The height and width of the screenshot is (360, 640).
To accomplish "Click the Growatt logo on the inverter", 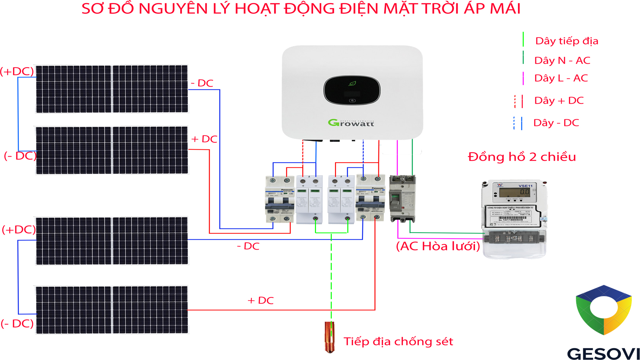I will tap(351, 123).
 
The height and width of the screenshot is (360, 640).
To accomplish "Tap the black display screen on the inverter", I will tap(352, 90).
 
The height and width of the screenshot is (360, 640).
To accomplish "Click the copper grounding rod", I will tap(329, 337).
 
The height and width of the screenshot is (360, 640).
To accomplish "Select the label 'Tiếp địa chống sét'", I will tap(398, 342).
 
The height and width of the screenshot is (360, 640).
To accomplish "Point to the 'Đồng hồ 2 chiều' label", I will tap(522, 157).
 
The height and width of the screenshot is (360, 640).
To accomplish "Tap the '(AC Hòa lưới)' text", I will tap(438, 246).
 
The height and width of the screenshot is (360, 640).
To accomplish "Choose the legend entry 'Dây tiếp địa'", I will tap(566, 41).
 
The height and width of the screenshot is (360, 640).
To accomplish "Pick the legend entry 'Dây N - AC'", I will tap(562, 60).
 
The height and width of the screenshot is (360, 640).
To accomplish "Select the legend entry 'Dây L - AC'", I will tap(561, 78).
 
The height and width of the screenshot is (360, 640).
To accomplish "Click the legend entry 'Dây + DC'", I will tap(559, 101).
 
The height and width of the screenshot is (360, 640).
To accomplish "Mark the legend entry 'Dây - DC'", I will tap(556, 123).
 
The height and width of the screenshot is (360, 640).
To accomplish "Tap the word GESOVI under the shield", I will tap(603, 354).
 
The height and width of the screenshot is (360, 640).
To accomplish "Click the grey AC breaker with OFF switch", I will tap(402, 199).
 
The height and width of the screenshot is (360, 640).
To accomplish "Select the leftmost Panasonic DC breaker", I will tap(279, 199).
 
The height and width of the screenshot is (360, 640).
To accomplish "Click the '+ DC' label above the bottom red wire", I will tap(260, 301).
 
